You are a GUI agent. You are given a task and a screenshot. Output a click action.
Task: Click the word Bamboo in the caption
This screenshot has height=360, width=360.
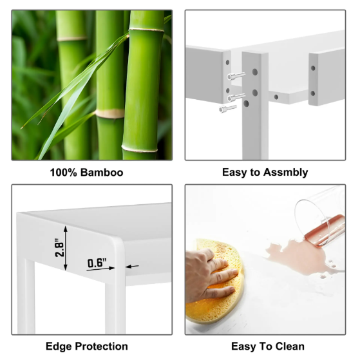coord(102,173)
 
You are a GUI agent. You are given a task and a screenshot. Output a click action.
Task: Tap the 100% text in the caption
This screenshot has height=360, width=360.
coord(63,173)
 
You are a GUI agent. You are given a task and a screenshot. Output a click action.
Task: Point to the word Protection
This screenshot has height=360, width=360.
coord(102,346)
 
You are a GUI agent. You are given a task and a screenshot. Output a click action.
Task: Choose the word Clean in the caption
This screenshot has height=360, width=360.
coord(290,346)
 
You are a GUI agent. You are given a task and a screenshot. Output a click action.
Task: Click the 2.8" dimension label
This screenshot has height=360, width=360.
coord(59,247)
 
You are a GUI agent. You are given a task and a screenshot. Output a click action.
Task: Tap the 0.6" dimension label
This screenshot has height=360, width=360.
coord(97,263)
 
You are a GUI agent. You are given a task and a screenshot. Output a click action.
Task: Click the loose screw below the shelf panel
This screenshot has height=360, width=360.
coord(228,108)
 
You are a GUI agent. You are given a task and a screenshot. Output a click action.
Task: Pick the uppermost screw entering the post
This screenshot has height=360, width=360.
coord(236,76)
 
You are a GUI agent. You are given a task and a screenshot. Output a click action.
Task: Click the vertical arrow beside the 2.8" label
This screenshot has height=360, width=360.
coord(66,248)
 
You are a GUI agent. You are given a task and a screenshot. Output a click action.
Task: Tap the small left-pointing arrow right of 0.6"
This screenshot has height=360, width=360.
coord(132,267)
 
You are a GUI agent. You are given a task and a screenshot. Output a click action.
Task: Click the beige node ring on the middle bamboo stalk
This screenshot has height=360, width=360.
coord(110,113)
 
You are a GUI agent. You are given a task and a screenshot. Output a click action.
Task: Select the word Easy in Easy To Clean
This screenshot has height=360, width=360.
coord(242,346)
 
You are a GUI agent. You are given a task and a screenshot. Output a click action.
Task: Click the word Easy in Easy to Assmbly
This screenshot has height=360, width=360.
coord(232,173)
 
